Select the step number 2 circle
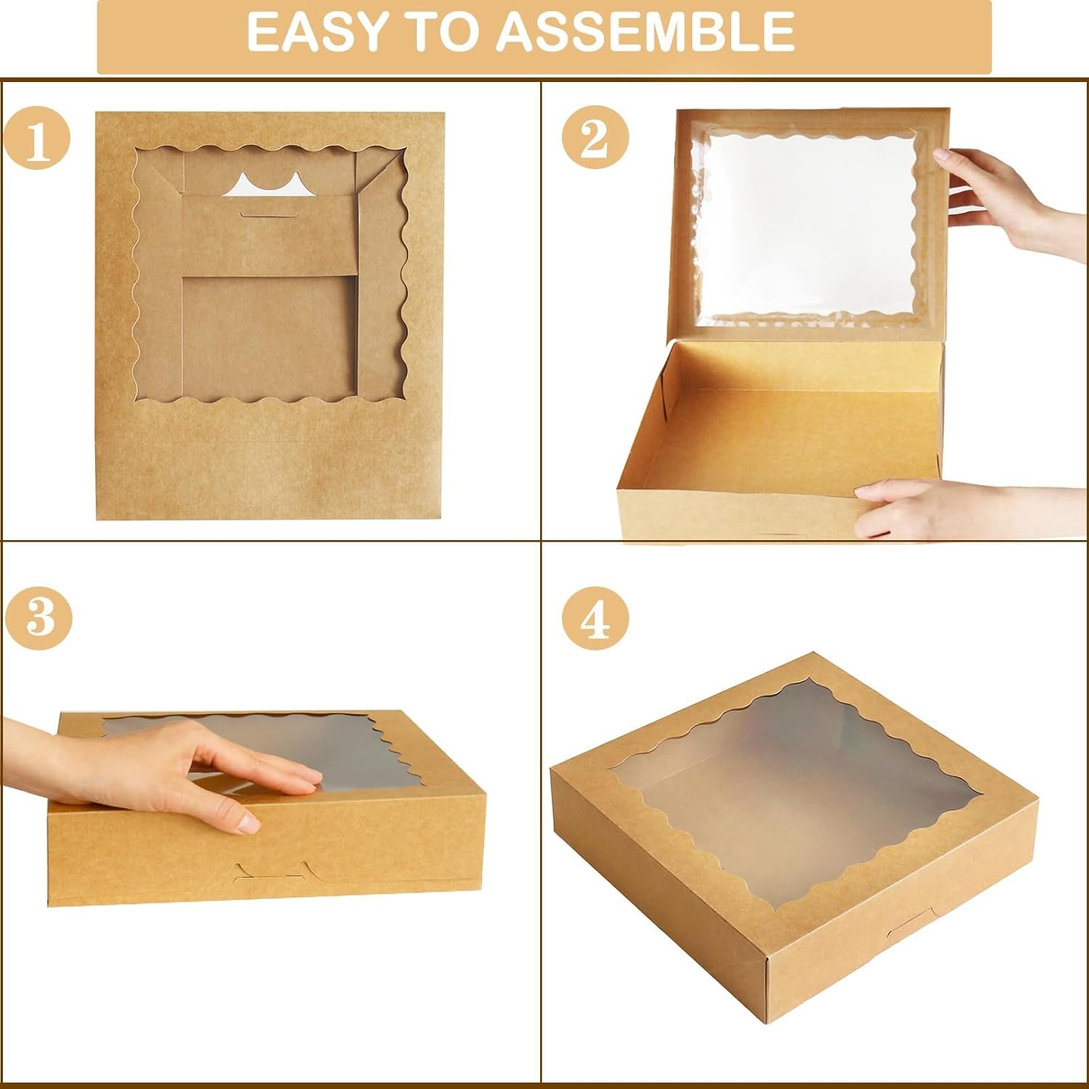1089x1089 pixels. [x=596, y=139]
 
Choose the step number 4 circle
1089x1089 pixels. [x=596, y=620]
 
